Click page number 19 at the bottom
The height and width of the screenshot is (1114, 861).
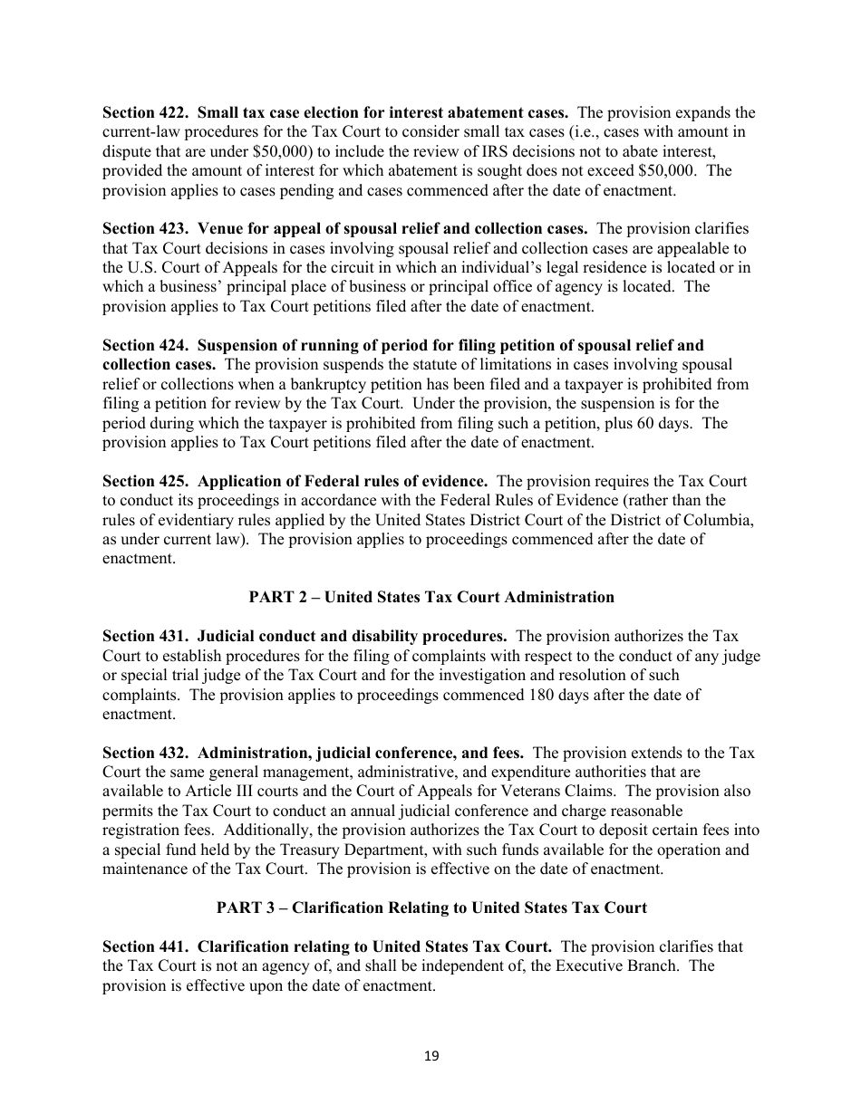430,1055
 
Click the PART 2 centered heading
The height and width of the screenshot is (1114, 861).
431,597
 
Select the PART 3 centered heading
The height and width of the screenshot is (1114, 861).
431,908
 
